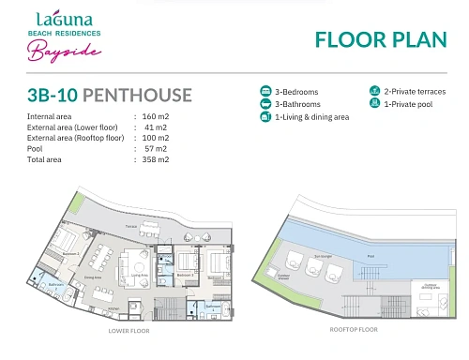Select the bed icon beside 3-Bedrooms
(x=265, y=92)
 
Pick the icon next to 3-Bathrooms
(x=265, y=104)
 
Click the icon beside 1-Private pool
(x=375, y=104)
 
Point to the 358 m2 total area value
(x=156, y=159)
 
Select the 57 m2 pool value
(x=156, y=148)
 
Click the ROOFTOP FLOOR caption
(x=353, y=330)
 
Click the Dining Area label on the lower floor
(x=93, y=277)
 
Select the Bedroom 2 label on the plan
(x=70, y=254)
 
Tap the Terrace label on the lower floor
(x=131, y=226)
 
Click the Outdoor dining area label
(x=431, y=285)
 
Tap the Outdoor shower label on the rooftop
(x=283, y=277)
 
